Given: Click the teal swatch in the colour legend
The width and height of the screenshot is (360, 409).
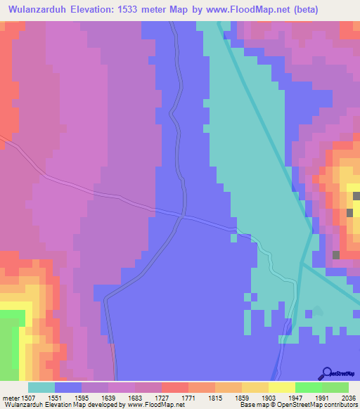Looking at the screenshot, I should (x=41, y=387).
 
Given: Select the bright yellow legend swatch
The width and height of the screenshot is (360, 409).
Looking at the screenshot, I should (x=281, y=387).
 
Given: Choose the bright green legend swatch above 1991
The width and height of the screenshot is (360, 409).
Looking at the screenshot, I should (x=308, y=387).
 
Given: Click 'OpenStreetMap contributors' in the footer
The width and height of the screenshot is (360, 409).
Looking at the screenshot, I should (x=323, y=405).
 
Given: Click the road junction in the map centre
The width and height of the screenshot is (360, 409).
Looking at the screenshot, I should (x=183, y=216).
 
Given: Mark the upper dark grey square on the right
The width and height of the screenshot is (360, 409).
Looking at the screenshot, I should (x=349, y=212).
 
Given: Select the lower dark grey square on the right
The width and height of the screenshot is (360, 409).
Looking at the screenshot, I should (x=336, y=254).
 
